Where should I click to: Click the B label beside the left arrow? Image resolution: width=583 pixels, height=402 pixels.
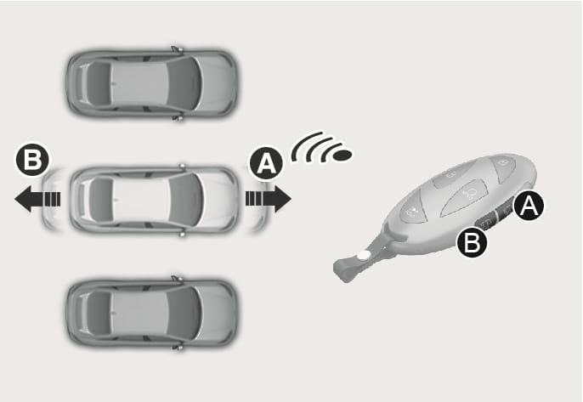point(32,160)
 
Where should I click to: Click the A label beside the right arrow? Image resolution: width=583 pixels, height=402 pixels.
point(266,163)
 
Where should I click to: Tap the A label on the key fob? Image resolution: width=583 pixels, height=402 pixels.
point(529,206)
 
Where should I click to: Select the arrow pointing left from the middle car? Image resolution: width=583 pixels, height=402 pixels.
point(37,199)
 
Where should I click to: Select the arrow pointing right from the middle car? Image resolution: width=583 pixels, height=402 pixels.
point(268,199)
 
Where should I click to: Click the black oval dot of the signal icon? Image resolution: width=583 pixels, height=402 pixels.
point(342,155)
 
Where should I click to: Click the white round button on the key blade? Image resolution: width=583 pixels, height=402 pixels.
point(363,256)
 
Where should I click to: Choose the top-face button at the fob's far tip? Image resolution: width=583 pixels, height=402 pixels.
point(504,166)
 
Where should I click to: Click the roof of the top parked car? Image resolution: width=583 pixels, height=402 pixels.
point(139,82)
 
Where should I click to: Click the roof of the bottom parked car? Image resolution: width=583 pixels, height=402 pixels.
point(139,313)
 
